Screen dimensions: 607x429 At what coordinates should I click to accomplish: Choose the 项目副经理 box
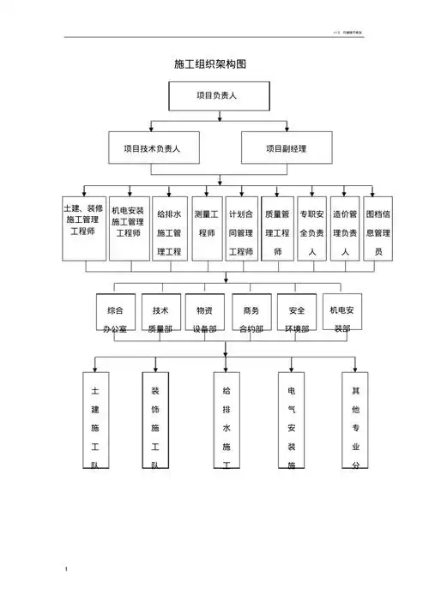(x=286, y=147)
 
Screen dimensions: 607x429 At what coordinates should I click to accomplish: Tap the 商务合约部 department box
(x=251, y=316)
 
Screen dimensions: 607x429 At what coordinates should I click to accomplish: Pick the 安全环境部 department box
(x=297, y=316)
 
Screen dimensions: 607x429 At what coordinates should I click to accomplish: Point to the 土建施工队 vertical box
(x=95, y=420)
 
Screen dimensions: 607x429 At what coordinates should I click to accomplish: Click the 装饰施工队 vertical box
(x=154, y=420)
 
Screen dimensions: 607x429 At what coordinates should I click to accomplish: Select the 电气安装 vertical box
(x=292, y=420)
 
